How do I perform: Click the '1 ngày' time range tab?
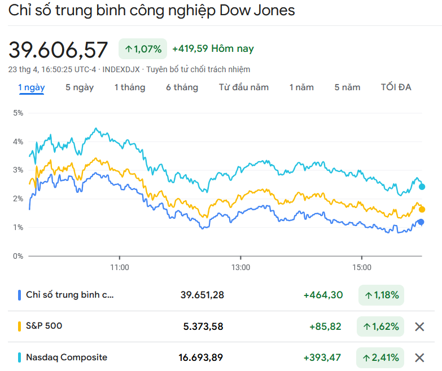32,87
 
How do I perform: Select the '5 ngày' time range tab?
80,87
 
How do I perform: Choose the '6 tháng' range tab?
182,87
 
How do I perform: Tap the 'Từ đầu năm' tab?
244,87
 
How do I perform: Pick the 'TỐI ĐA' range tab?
396,87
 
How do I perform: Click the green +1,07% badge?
143,49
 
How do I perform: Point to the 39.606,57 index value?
58,50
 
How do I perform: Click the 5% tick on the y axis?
18,113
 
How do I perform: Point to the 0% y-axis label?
18,256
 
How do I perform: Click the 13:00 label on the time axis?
240,267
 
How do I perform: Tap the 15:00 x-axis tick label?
362,267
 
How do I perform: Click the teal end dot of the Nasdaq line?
422,187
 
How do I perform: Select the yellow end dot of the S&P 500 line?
422,209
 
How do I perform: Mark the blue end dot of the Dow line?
421,222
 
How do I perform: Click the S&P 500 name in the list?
44,326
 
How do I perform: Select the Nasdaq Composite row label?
67,357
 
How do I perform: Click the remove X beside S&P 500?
419,326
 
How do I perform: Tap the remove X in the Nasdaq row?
419,357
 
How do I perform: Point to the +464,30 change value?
323,295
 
